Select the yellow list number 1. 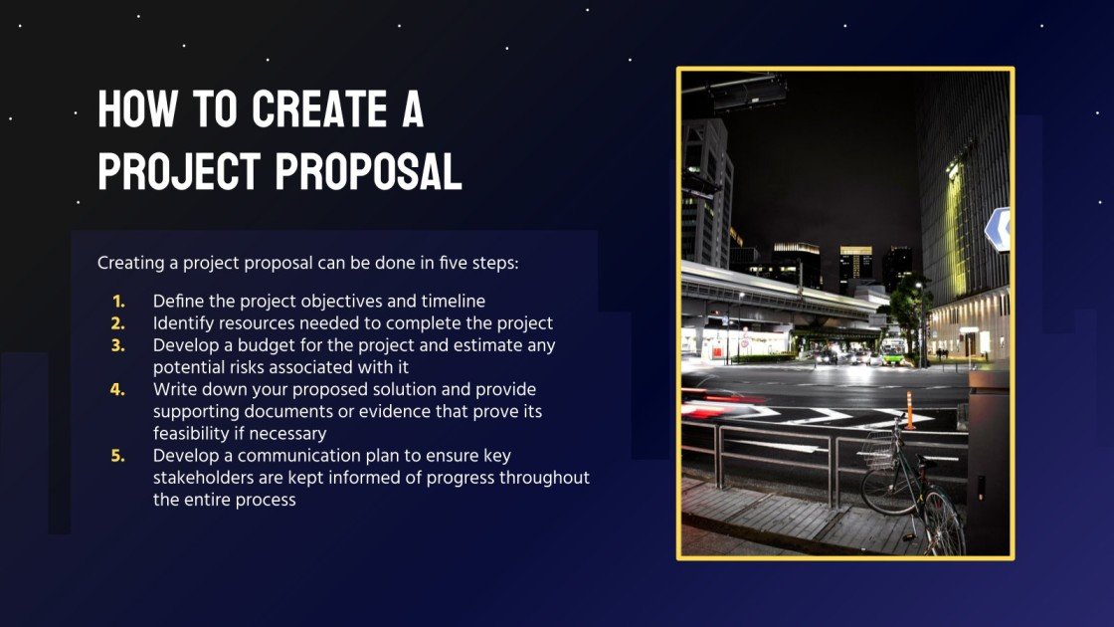click(x=118, y=301)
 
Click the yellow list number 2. click(x=118, y=322)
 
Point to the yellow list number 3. click(x=118, y=344)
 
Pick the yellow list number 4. click(x=118, y=388)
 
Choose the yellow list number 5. click(x=118, y=455)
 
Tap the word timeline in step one click(x=453, y=301)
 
